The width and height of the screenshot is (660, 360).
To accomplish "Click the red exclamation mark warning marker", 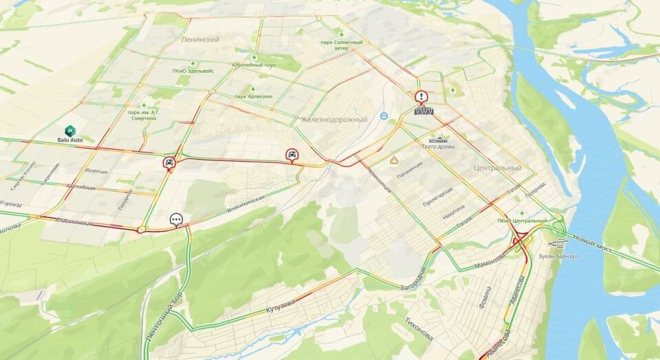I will tap(421, 98).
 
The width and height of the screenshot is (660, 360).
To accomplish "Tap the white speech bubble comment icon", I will tap(177, 220).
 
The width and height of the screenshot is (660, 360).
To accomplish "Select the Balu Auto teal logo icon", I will tap(69, 130).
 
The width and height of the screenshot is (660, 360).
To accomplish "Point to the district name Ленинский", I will tap(200, 40).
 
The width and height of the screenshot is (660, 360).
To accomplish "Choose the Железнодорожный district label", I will tap(335, 120).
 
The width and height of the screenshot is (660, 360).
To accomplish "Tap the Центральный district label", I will tap(497, 168).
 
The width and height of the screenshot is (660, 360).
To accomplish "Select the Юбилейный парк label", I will tap(254, 65).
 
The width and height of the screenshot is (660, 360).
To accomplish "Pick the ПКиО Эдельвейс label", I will tap(193, 71).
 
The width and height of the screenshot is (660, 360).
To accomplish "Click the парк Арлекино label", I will tap(254, 96).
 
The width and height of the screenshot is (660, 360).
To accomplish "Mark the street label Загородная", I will tap(415, 278).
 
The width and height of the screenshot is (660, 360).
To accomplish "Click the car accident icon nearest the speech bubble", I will tap(169, 163).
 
